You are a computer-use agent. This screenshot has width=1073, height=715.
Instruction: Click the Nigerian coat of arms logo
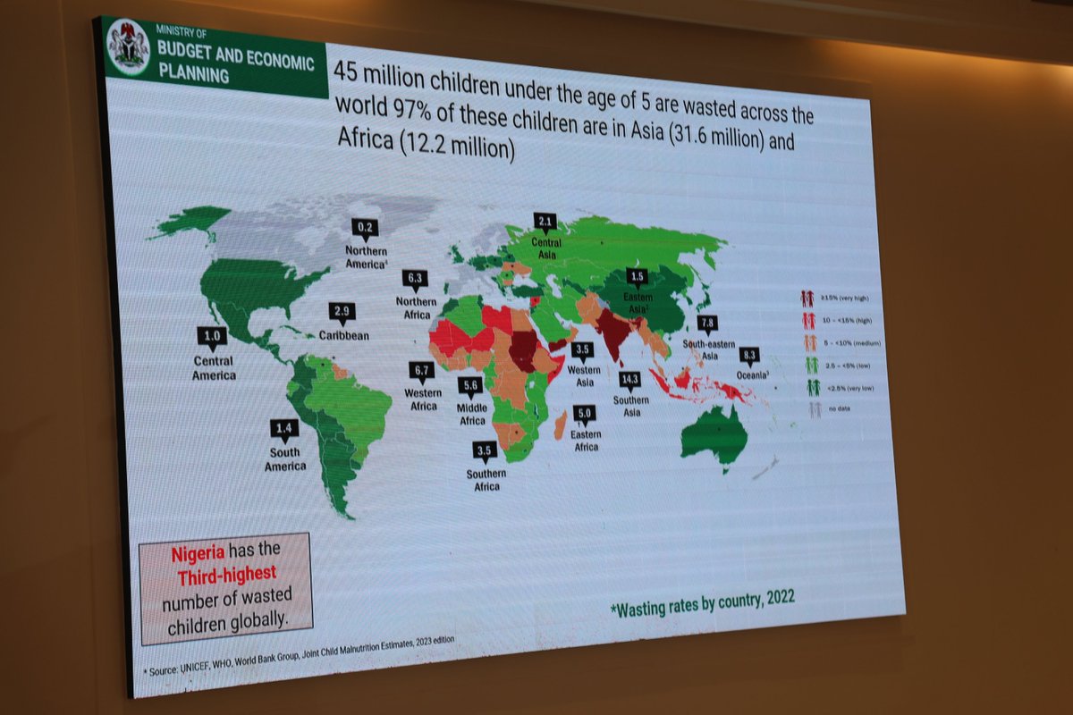point(129,46)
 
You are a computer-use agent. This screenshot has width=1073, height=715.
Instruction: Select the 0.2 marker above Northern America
point(365,228)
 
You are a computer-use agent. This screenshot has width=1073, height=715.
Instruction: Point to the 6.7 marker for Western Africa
point(420,370)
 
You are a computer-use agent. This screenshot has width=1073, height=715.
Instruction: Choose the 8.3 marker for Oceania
point(748,356)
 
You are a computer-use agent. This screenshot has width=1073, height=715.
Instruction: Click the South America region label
point(285,459)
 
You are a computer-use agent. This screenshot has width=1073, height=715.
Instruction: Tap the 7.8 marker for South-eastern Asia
point(707,324)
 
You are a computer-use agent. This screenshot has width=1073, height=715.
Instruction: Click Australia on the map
point(715,434)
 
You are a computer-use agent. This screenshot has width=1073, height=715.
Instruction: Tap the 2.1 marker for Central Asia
point(545,222)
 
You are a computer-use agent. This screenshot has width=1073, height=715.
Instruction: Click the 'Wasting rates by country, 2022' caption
point(702,601)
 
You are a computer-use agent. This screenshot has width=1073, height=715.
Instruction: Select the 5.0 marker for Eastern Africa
point(585,415)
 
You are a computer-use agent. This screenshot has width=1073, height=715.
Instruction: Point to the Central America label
point(213,367)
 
